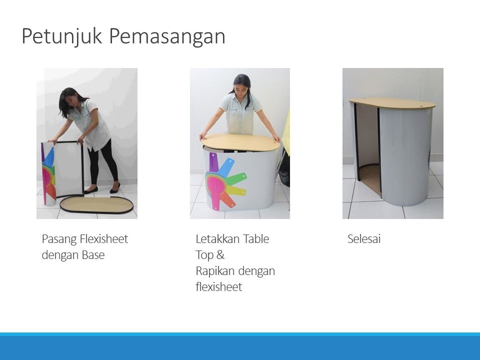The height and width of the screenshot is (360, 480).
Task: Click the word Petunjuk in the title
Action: coord(61,36)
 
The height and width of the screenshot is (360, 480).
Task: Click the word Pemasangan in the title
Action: coord(167,36)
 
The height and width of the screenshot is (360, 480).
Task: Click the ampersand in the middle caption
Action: coord(220,254)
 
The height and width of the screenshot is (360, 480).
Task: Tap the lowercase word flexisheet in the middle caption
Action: coord(219,287)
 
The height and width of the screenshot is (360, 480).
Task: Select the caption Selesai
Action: coord(364,239)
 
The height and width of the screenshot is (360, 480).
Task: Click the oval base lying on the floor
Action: coord(96,205)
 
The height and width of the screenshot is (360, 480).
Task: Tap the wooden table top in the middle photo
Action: coord(240,142)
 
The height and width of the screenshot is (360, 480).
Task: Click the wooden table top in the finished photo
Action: coord(392,103)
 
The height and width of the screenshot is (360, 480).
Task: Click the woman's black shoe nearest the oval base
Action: coord(91,190)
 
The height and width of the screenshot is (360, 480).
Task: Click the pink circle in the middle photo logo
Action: coord(215,187)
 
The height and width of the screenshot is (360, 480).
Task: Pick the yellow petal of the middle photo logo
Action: coord(236,191)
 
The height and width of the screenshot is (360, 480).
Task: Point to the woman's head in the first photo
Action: coord(68,100)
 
